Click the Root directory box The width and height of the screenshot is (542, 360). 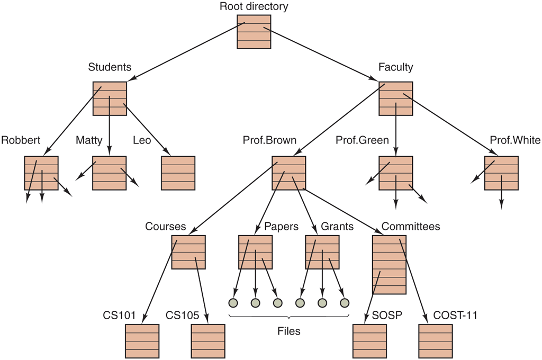coord(254,32)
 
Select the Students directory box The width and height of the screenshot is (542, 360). coord(110,98)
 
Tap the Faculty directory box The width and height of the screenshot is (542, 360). coord(396,98)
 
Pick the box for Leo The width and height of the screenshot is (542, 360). coord(178,173)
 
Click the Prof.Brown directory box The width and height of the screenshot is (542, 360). coord(289,173)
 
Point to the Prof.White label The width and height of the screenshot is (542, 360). coord(515,140)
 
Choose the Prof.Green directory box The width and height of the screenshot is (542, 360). coord(396,173)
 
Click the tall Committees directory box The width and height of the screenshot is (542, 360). coord(389,265)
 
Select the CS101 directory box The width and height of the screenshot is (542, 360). coord(142,341)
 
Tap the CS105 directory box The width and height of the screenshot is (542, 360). coord(208,341)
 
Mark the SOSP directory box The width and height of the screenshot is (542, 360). coord(370,341)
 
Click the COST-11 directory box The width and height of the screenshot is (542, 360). coord(436,341)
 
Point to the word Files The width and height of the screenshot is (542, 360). coord(289,332)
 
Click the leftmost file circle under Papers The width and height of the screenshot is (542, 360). coord(233,303)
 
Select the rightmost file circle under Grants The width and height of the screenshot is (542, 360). coord(345,303)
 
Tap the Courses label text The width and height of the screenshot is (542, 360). coord(166,227)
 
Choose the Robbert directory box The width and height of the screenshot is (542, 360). coord(41,173)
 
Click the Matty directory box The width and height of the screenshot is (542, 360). coord(110,173)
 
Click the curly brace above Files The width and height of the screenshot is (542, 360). coord(289,317)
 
